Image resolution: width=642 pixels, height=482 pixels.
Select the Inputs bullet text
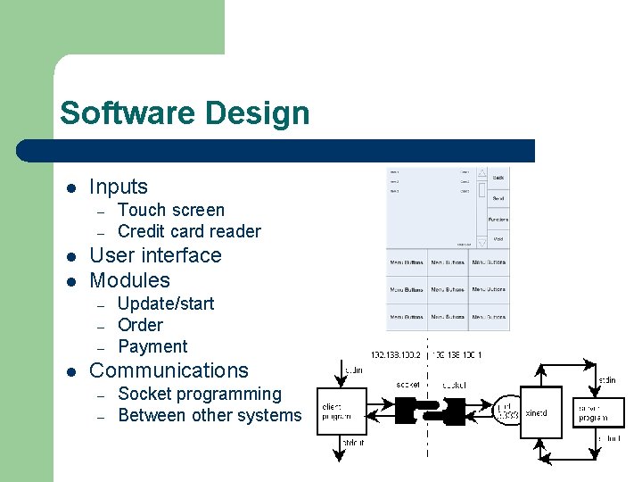(x=119, y=187)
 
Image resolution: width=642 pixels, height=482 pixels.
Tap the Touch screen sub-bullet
(x=171, y=210)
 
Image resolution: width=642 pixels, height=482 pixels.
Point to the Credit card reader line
(x=189, y=231)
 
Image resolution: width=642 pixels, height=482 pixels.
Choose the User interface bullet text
(x=155, y=255)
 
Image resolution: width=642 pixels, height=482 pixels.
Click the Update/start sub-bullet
(x=166, y=303)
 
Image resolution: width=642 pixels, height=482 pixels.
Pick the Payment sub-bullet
(x=152, y=346)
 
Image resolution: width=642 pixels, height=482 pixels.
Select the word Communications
(x=169, y=370)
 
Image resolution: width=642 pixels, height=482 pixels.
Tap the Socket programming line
(x=199, y=394)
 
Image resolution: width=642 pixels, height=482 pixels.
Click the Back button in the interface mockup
(x=498, y=178)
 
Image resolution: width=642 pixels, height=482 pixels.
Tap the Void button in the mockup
(x=498, y=239)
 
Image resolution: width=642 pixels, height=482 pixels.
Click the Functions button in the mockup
(x=498, y=219)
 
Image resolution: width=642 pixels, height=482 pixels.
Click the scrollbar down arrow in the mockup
(x=481, y=240)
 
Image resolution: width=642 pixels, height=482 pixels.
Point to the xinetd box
(x=541, y=412)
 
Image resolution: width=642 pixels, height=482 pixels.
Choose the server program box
(x=598, y=412)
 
